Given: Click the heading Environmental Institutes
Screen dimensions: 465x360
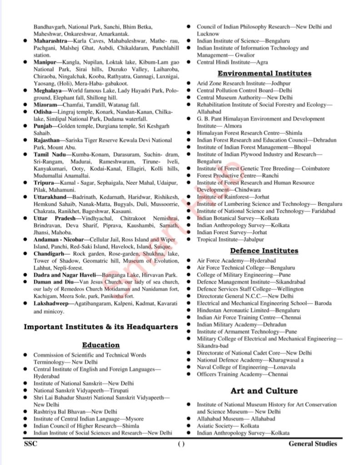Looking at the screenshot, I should click(x=265, y=73).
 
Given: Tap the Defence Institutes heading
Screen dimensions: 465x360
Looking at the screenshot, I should click(x=264, y=251).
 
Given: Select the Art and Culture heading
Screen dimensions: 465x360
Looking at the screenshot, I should click(x=264, y=391).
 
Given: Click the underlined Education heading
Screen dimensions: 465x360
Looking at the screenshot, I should click(x=101, y=345).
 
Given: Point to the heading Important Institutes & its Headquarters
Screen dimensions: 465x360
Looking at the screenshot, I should click(x=101, y=327).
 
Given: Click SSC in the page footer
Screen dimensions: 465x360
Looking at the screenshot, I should click(x=30, y=444).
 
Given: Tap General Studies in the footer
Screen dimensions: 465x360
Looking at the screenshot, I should click(x=313, y=444).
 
